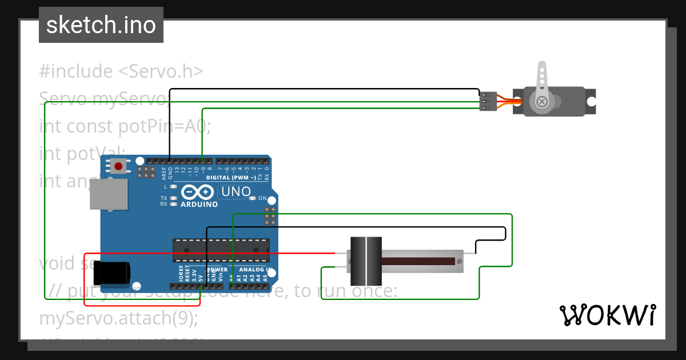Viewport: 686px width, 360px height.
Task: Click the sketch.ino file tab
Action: [101, 25]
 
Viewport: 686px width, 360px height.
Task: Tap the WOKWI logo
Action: [607, 315]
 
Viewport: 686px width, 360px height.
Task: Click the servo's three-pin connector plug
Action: [488, 101]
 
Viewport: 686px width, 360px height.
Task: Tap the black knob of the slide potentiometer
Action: [366, 261]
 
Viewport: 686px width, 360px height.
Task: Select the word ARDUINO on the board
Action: [199, 205]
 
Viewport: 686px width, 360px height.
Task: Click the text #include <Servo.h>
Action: [121, 71]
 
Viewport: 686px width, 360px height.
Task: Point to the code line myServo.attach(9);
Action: [118, 318]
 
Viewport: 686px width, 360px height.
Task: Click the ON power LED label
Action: [262, 198]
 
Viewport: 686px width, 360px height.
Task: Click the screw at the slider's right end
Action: [458, 261]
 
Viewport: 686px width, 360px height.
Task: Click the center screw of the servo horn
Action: [541, 102]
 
